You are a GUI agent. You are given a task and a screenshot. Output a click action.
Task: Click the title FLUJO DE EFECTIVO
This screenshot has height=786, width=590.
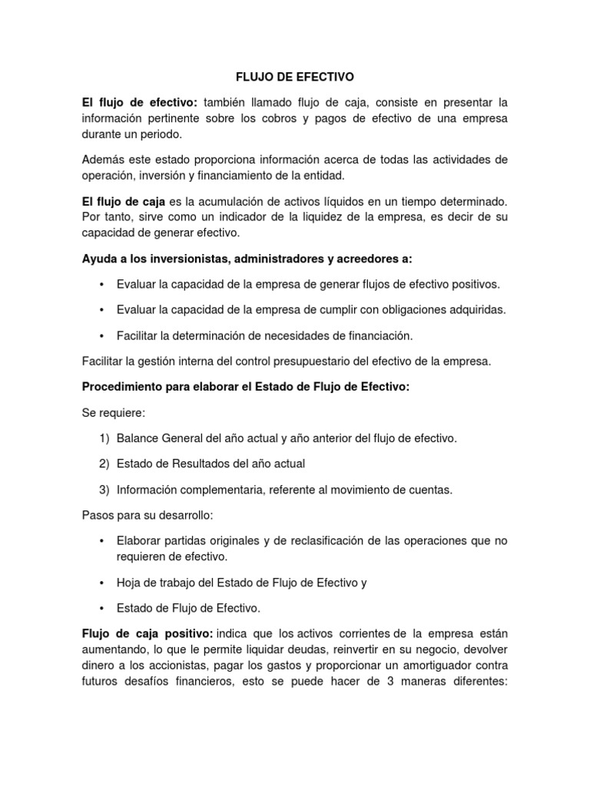coord(294,77)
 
